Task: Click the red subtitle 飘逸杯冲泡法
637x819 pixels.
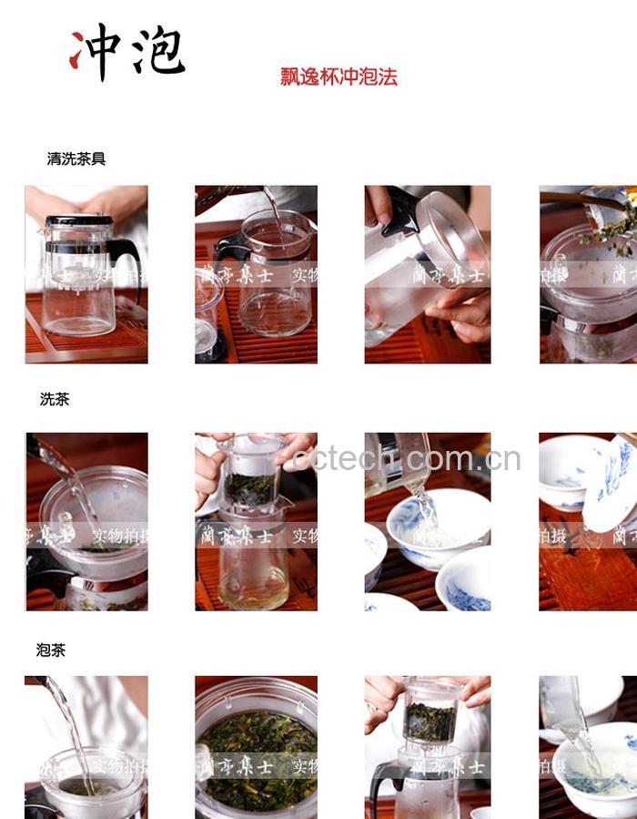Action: [339, 77]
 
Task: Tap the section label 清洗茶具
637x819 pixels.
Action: [76, 159]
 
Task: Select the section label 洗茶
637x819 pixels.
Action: [55, 399]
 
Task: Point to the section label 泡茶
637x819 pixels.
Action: [51, 650]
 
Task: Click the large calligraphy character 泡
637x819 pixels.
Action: [157, 50]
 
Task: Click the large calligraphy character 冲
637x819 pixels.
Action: [96, 52]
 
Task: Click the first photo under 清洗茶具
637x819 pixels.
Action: [86, 274]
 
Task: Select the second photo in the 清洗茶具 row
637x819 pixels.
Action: [256, 274]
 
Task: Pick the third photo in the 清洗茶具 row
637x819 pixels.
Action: [427, 274]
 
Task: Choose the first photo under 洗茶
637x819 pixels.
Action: [86, 521]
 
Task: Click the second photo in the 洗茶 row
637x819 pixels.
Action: [256, 521]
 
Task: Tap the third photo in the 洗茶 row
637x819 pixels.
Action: [427, 521]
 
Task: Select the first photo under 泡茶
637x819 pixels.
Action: [86, 747]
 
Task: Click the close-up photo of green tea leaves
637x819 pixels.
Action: [256, 747]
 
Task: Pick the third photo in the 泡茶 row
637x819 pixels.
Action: [427, 747]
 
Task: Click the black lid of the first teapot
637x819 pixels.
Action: [79, 220]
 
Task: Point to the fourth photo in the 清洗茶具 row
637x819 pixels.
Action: [588, 274]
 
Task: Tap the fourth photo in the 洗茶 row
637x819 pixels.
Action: [588, 521]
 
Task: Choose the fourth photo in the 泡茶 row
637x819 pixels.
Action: [588, 747]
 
